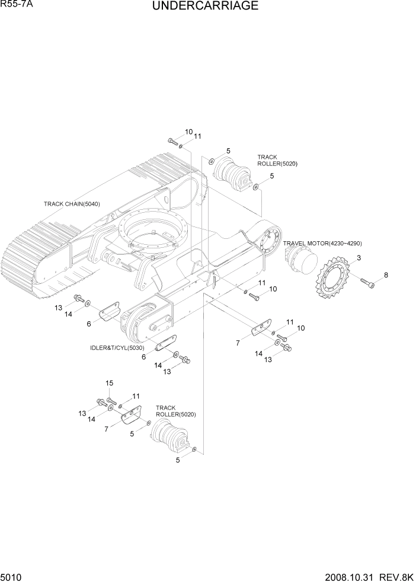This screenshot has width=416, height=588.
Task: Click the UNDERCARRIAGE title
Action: click(x=205, y=7)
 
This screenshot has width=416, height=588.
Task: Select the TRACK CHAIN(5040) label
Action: click(x=72, y=204)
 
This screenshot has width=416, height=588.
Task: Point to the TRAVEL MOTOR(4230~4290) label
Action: click(x=322, y=244)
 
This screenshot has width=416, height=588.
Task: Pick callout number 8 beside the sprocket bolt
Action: click(x=386, y=275)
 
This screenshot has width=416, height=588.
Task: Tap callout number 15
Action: click(x=109, y=383)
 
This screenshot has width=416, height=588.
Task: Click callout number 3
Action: click(x=359, y=257)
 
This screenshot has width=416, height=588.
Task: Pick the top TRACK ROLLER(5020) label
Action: click(x=277, y=161)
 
